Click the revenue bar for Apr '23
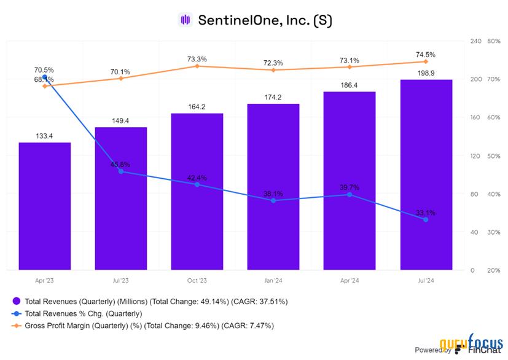point(44,206)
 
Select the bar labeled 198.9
point(426,174)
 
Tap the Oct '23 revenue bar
point(197,191)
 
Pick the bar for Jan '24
point(273,187)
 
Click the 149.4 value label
point(120,121)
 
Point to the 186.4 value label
point(350,85)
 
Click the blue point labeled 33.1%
point(426,219)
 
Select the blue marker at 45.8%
point(121,171)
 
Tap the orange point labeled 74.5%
point(426,61)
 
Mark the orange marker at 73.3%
point(197,66)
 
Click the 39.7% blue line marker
point(350,194)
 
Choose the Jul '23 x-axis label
point(120,280)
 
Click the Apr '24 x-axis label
point(350,280)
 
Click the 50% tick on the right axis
point(477,155)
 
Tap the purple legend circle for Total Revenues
point(17,302)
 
